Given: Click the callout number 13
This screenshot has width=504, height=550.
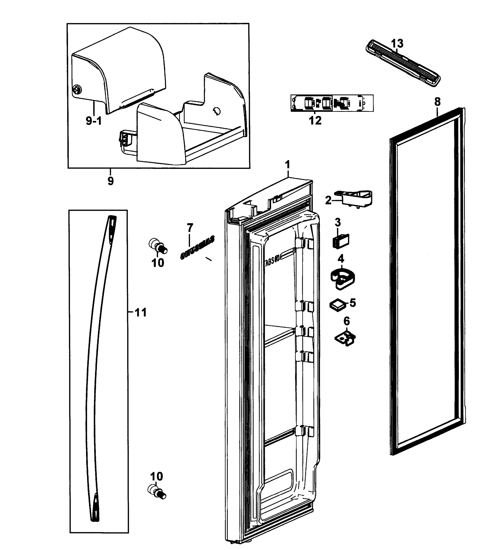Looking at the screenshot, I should pos(397,43).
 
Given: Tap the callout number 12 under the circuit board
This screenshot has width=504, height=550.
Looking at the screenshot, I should pos(315,120).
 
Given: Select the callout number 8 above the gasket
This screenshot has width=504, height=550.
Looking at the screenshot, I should pos(437,102).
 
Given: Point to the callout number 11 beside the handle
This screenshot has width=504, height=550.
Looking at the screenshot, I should pos(141,312).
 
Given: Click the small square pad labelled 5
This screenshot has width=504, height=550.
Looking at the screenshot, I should pos(338,304).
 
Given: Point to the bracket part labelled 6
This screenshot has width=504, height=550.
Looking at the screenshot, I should pos(345,339).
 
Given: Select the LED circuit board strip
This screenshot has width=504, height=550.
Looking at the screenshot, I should pos(332,103).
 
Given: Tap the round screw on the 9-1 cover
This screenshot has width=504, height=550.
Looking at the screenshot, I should pos(77,89).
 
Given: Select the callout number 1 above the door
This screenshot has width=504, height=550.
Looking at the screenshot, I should pos(287,165).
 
